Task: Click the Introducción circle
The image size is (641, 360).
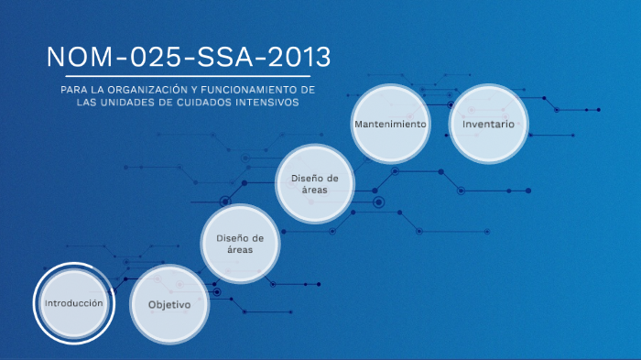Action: tap(74, 302)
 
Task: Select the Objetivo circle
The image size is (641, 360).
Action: tap(169, 304)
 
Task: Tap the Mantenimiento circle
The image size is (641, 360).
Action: tap(390, 123)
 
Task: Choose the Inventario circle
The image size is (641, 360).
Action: tap(488, 123)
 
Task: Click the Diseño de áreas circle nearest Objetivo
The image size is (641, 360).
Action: tap(240, 243)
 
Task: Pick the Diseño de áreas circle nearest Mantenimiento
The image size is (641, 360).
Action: tap(314, 183)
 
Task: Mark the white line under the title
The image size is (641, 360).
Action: tap(179, 75)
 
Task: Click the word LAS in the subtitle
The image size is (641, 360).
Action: tap(86, 103)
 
